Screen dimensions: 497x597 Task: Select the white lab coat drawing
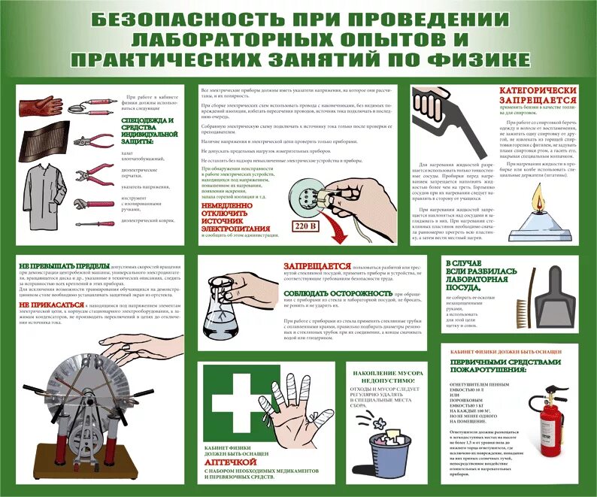coord(42,192)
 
